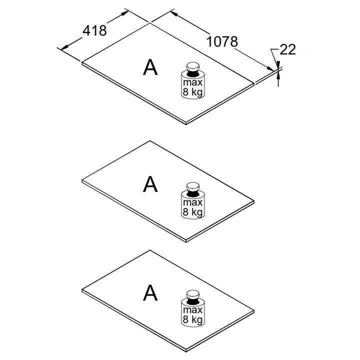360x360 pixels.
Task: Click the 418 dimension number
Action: click(95, 30)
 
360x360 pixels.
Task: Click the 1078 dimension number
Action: click(222, 42)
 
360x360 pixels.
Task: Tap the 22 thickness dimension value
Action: click(288, 49)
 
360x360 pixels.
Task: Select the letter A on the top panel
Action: click(150, 67)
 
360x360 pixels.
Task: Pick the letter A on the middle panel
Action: click(150, 184)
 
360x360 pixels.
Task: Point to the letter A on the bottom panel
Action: click(150, 293)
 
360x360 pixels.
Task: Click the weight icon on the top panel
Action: click(192, 81)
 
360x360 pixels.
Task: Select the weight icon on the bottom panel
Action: click(192, 308)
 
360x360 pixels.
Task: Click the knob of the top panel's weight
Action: click(192, 66)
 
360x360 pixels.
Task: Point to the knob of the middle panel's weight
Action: click(192, 187)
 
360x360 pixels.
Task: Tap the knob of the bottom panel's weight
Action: click(192, 294)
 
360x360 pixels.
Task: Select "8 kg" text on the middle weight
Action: click(192, 212)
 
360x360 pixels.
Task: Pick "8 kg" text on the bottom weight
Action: click(192, 319)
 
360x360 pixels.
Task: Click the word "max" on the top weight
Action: click(192, 82)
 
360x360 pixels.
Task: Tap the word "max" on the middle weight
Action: click(192, 202)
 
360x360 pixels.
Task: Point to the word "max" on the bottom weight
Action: click(192, 310)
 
